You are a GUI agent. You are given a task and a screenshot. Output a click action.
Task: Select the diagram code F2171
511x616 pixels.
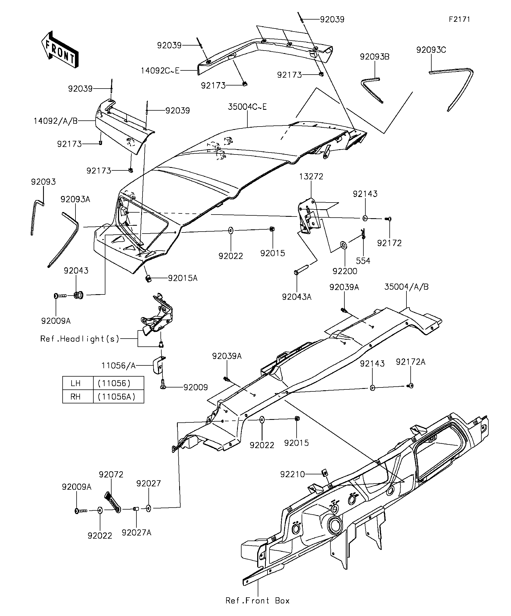[459, 19]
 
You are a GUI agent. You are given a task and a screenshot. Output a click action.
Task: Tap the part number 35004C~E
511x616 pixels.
[247, 107]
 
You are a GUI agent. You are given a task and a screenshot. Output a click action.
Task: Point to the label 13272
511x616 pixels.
[311, 176]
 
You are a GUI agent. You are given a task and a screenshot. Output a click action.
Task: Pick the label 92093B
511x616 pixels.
[375, 57]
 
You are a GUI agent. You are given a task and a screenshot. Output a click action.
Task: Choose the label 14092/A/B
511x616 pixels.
[55, 121]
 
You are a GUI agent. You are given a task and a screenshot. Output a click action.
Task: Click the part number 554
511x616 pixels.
[363, 261]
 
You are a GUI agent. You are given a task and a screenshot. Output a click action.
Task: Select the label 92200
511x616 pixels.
[345, 271]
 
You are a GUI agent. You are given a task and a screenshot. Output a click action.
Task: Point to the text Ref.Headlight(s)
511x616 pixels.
[80, 339]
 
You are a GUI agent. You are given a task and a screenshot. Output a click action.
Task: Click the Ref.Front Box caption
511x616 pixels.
[257, 601]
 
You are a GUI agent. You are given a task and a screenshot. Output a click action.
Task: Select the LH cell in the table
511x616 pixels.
[75, 383]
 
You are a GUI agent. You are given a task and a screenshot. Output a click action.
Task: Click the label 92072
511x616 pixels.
[111, 474]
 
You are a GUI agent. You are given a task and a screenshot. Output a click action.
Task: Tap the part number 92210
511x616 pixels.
[292, 474]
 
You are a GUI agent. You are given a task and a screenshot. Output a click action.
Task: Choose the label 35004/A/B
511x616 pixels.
[406, 287]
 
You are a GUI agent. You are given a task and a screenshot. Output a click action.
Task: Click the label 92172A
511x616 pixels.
[410, 362]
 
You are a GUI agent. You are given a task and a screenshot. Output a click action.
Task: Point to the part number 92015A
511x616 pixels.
[183, 278]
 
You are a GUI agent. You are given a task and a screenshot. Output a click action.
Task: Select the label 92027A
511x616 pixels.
[136, 532]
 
